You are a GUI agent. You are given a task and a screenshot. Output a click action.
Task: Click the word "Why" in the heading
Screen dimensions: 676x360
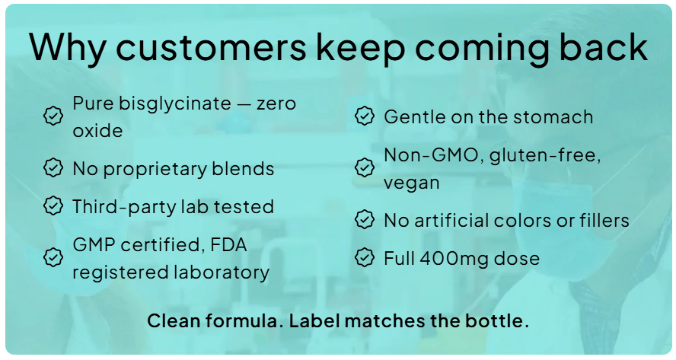coord(68,48)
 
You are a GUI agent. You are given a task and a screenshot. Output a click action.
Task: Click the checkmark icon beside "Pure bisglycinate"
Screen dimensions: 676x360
coord(53,116)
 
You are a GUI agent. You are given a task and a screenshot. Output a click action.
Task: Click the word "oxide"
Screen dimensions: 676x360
coord(98,131)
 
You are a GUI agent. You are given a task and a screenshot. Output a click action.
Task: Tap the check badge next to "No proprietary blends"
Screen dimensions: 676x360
coord(53,167)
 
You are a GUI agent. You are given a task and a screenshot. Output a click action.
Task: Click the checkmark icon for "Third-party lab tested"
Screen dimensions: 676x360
coord(53,205)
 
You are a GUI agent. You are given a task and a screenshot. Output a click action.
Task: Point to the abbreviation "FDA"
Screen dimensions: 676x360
coord(228,245)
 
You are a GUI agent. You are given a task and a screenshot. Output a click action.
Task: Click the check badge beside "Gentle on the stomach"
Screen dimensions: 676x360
coord(365,116)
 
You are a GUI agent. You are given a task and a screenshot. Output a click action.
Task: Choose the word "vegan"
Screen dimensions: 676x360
coord(412,183)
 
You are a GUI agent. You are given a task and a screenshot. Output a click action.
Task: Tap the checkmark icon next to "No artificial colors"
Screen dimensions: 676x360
coord(365,219)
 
